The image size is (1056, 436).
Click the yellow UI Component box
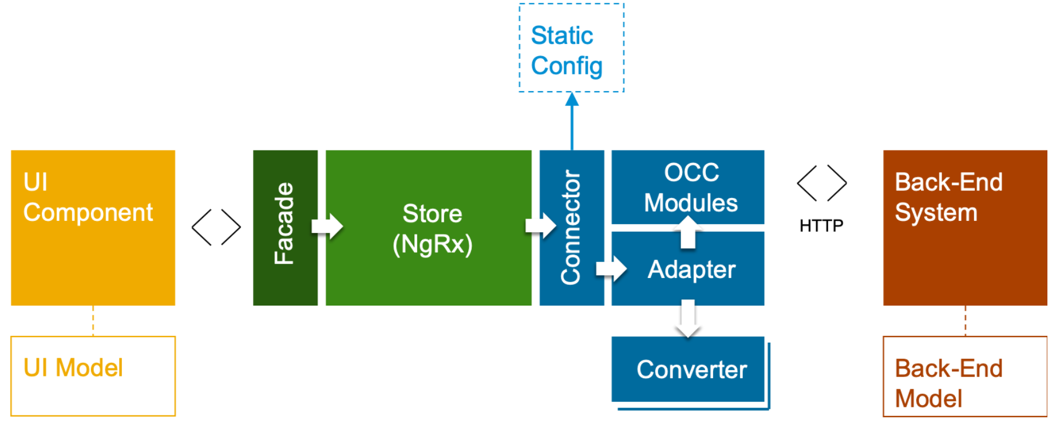(93, 228)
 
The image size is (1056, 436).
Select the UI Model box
(93, 376)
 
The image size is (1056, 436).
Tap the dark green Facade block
(285, 228)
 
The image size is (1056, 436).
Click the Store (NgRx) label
(432, 229)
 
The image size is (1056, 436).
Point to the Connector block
(572, 228)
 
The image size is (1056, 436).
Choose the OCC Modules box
(688, 187)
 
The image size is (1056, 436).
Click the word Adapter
(691, 269)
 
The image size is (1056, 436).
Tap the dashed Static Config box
(571, 47)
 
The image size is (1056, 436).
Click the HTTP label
(821, 225)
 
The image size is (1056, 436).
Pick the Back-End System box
(965, 228)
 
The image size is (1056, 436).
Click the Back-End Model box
(965, 376)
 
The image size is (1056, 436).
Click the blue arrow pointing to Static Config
(572, 121)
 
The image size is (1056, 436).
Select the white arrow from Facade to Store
(327, 226)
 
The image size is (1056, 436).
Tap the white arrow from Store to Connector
(541, 225)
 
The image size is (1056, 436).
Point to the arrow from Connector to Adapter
(611, 268)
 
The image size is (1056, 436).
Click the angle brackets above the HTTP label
(822, 183)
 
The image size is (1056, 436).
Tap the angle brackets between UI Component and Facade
(216, 227)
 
